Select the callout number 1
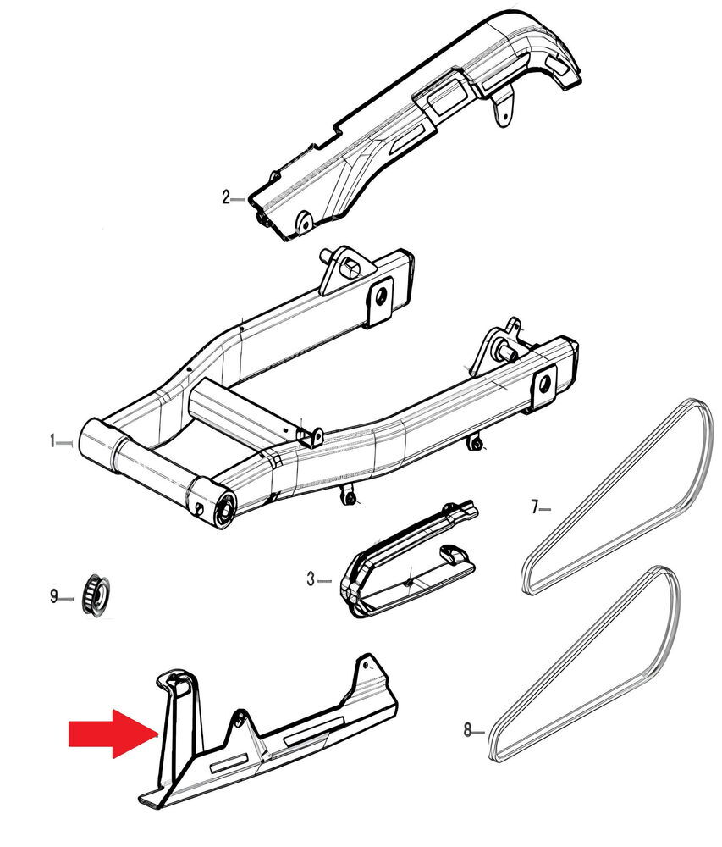tap(52, 441)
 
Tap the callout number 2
tap(226, 198)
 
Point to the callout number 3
tap(311, 579)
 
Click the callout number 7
tap(534, 507)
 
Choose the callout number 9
tap(53, 597)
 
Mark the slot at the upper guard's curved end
tap(559, 66)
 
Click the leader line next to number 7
tap(545, 508)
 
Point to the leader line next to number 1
tap(66, 441)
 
